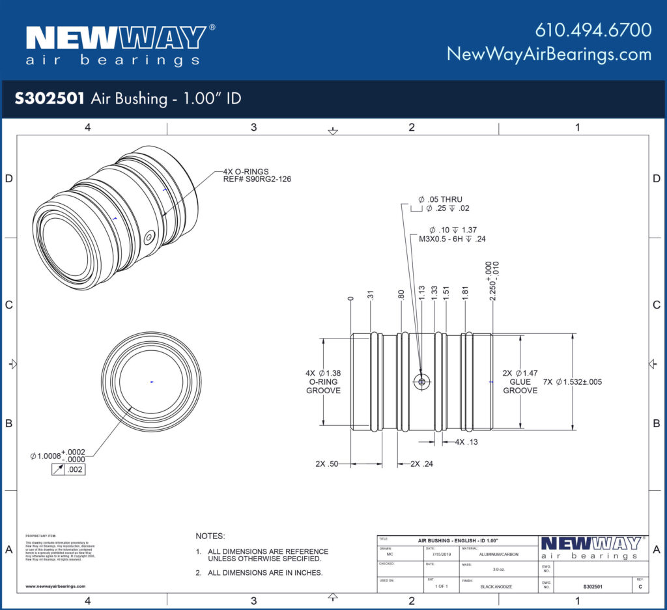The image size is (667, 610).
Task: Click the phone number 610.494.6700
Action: (593, 30)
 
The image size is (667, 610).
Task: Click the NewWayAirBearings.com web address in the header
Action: (549, 54)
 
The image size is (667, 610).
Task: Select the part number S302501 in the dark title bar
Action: (50, 98)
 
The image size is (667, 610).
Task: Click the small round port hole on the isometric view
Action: (150, 238)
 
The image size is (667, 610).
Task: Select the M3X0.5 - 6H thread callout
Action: (453, 239)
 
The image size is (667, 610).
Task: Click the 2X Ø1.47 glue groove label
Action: (520, 381)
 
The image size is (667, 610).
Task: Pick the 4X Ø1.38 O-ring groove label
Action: (323, 381)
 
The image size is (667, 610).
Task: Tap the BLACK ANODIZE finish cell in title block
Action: (496, 587)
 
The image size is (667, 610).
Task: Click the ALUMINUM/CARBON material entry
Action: (496, 555)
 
